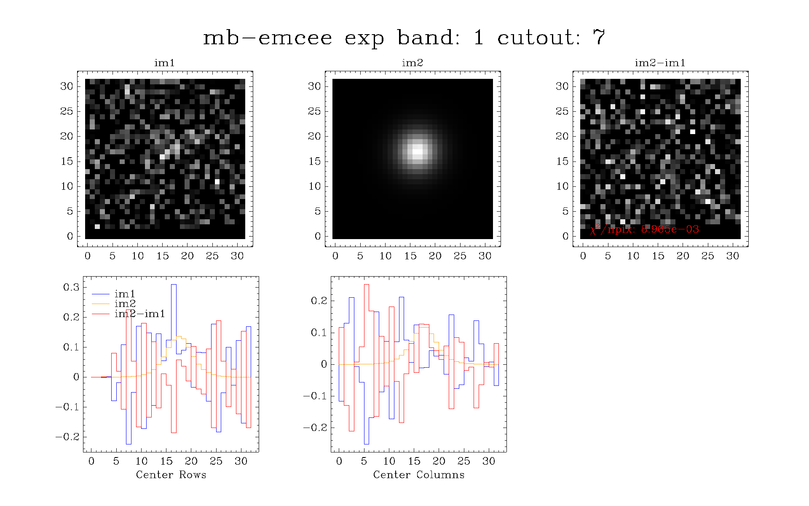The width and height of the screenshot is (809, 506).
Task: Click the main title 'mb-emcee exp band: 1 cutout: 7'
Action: (x=404, y=38)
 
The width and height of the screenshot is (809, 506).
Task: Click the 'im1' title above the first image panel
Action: (x=164, y=63)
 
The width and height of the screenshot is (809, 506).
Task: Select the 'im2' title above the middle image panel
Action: (x=412, y=63)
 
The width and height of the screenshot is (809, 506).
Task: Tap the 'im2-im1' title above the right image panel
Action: (x=660, y=63)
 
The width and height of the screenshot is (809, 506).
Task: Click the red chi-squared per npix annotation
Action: (x=645, y=229)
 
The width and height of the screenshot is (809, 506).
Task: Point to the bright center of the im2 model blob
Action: (x=417, y=151)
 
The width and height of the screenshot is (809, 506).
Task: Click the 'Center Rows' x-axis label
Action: (x=171, y=475)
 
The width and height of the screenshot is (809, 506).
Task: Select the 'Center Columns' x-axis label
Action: (x=419, y=475)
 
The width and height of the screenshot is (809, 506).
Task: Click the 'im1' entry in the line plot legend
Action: (x=125, y=293)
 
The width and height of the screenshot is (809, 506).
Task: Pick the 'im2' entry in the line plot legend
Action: (x=125, y=304)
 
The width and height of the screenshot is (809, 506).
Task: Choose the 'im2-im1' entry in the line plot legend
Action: (x=139, y=314)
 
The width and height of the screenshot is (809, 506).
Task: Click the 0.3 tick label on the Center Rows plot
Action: (x=71, y=287)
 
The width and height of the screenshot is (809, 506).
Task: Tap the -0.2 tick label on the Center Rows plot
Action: (x=67, y=436)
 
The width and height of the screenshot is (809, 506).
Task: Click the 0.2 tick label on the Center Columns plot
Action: (x=319, y=301)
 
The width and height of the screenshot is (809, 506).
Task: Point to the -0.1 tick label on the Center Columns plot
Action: (x=315, y=396)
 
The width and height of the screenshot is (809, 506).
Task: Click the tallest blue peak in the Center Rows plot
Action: (x=174, y=285)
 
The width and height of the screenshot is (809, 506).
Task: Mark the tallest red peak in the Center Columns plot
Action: (x=367, y=285)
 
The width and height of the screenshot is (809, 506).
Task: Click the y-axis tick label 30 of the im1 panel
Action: (x=67, y=86)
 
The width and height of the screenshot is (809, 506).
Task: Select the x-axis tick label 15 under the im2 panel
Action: (x=410, y=256)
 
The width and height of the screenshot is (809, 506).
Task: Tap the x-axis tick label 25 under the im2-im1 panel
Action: (x=707, y=256)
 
